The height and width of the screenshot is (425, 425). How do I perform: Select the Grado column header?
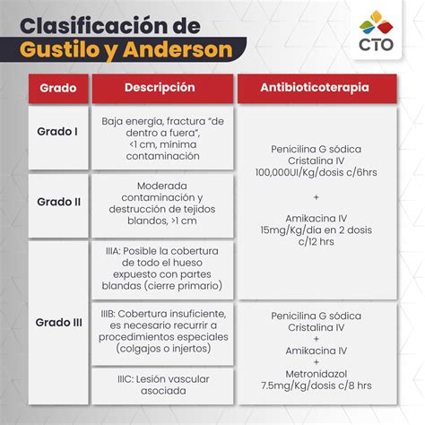tap(56, 89)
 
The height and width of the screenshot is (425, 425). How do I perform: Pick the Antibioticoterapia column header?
tap(314, 89)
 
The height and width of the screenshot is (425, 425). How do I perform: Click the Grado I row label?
tap(56, 132)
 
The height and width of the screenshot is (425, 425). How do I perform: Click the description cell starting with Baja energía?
tap(162, 137)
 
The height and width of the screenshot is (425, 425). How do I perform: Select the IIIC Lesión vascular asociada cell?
tap(162, 385)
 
